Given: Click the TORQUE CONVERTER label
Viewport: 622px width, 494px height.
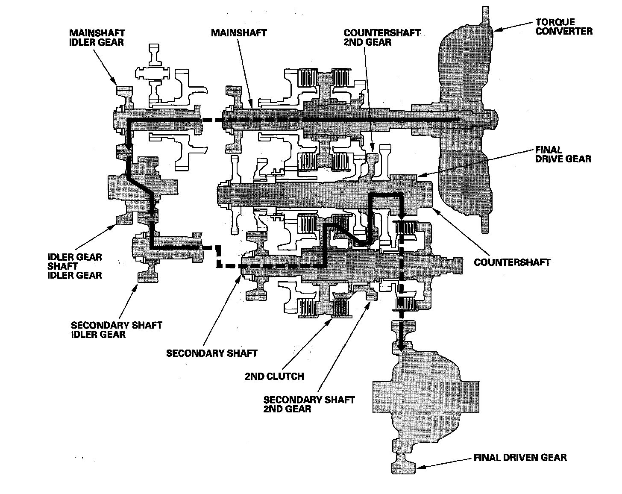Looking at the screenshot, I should click(563, 26).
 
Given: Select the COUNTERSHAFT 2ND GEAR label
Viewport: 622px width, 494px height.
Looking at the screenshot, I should click(382, 38).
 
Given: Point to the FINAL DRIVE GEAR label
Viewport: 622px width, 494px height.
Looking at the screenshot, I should click(563, 154).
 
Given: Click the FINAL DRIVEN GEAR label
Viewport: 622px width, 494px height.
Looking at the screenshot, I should click(520, 458).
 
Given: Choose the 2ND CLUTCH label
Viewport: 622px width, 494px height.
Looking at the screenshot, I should click(274, 376).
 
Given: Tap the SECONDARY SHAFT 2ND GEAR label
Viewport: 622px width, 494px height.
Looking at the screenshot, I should click(309, 404).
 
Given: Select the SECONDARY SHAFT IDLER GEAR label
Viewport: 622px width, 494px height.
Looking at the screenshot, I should click(117, 329).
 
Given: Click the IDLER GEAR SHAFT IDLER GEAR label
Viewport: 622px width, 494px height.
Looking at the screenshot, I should click(75, 266).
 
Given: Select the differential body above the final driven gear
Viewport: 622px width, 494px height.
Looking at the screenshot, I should click(425, 393).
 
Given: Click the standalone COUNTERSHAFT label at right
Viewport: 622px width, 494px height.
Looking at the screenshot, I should click(512, 262).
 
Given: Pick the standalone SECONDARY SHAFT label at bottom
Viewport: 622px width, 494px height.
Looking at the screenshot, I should click(211, 353).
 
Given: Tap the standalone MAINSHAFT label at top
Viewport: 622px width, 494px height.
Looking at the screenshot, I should click(238, 32).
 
